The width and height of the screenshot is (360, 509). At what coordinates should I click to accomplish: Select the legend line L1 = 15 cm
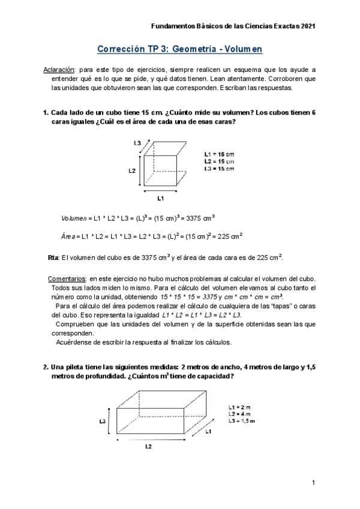(x=219, y=154)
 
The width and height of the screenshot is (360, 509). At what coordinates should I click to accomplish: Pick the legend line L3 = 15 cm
(x=219, y=169)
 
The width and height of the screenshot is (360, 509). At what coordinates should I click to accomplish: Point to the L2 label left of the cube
(x=132, y=171)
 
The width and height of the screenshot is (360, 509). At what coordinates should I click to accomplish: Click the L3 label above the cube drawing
(x=137, y=143)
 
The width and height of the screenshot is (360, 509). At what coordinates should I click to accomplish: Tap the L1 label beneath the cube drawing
(x=161, y=197)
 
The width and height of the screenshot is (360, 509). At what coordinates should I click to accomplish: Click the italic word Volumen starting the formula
(x=74, y=218)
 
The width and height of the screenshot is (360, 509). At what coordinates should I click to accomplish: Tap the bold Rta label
(x=53, y=258)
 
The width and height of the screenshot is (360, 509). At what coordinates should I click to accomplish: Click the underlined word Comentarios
(x=67, y=279)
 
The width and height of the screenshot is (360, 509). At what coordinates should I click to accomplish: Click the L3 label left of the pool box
(x=103, y=421)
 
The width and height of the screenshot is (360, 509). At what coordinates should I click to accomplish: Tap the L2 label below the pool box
(x=148, y=447)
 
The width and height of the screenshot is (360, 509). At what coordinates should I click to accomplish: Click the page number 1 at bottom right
(x=313, y=483)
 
